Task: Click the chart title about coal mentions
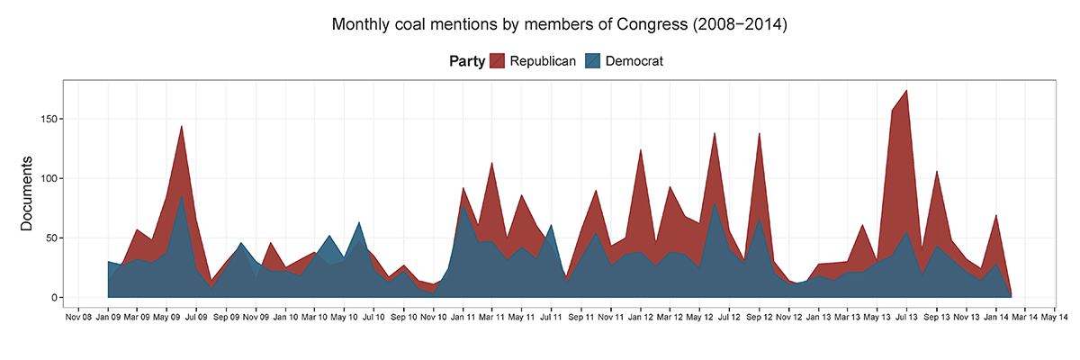(x=559, y=24)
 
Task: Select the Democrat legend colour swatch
(x=593, y=61)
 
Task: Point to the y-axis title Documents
(x=27, y=193)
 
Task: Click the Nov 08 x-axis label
(x=78, y=317)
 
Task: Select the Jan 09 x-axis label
(x=108, y=317)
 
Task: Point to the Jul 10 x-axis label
(x=373, y=317)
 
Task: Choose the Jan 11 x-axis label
(x=463, y=317)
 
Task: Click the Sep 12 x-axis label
(x=759, y=317)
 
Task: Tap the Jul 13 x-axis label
(x=906, y=317)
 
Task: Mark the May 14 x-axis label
(x=1054, y=317)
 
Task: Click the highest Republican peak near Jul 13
(x=906, y=91)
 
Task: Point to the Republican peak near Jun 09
(x=182, y=127)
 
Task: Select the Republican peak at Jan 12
(x=641, y=151)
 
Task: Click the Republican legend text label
(x=543, y=61)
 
